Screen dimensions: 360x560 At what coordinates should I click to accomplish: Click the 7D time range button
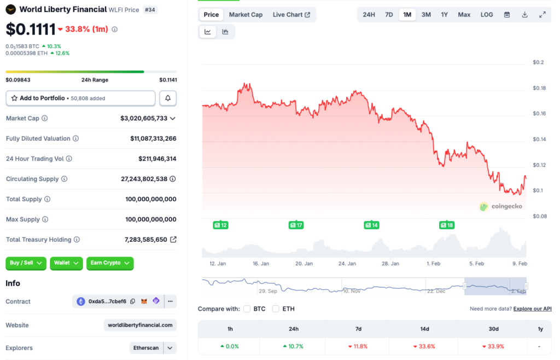pyautogui.click(x=389, y=15)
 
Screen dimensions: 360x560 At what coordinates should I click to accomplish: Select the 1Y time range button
pyautogui.click(x=444, y=15)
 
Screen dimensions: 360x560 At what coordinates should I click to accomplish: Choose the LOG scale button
pyautogui.click(x=487, y=15)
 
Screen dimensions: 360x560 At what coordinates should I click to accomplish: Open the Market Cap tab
pyautogui.click(x=246, y=15)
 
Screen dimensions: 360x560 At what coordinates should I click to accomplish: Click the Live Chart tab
pyautogui.click(x=291, y=15)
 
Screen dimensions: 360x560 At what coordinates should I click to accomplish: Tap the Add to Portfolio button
pyautogui.click(x=80, y=98)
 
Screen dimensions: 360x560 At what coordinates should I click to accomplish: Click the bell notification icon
pyautogui.click(x=168, y=98)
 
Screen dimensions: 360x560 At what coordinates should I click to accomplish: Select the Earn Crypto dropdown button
pyautogui.click(x=110, y=263)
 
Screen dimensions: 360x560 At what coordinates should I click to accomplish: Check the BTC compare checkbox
pyautogui.click(x=247, y=309)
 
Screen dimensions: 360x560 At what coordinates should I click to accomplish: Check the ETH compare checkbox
pyautogui.click(x=276, y=309)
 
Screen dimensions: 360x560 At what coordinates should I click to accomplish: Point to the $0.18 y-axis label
pyautogui.click(x=539, y=88)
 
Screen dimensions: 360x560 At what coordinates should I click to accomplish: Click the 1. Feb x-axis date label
pyautogui.click(x=434, y=263)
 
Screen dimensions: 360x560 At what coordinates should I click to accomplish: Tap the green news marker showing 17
pyautogui.click(x=296, y=225)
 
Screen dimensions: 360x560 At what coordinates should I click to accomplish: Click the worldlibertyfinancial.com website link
pyautogui.click(x=140, y=325)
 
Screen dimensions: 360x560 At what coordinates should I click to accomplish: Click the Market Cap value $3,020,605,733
pyautogui.click(x=144, y=118)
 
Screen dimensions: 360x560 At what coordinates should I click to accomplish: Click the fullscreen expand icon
pyautogui.click(x=542, y=15)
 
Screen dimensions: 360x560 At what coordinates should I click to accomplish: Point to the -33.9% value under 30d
pyautogui.click(x=493, y=346)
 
